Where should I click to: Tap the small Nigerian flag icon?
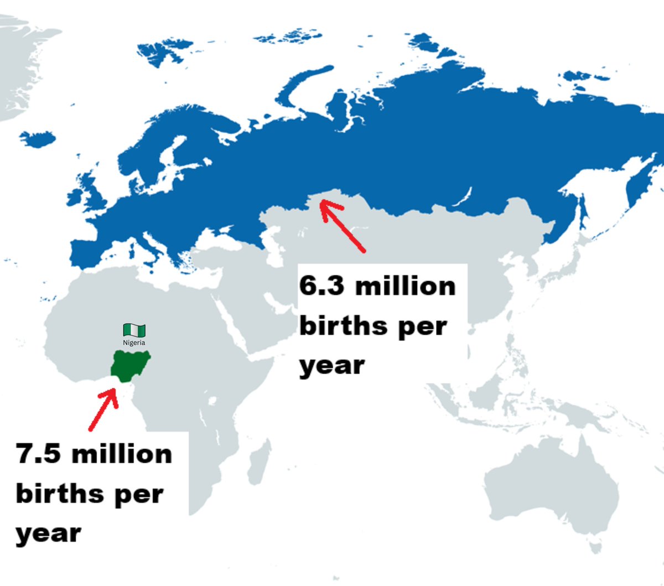[x=134, y=330]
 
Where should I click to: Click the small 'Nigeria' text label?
[x=134, y=343]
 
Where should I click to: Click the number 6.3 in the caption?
[x=322, y=286]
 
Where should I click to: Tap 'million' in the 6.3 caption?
[x=406, y=286]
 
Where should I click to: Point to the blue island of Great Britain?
[x=89, y=188]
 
